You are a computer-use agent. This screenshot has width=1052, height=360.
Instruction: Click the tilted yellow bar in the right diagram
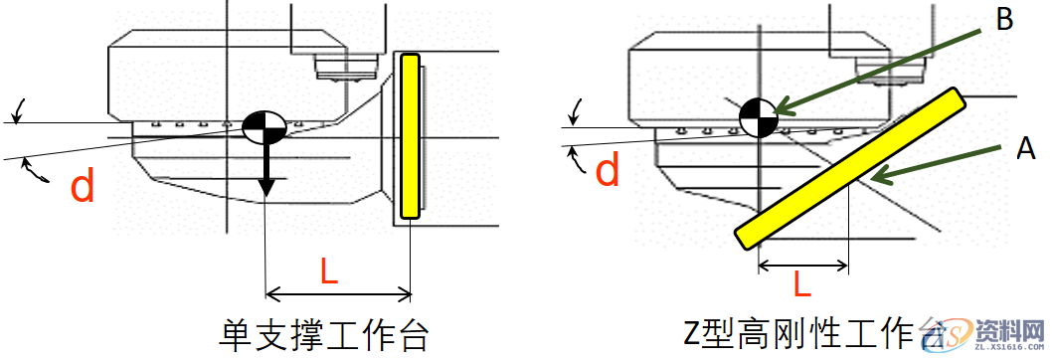(850, 169)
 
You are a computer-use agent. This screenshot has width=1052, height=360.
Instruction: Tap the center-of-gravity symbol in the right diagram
(758, 118)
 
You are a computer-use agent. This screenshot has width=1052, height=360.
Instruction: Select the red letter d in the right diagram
(608, 171)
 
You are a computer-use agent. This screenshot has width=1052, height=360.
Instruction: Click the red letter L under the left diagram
(329, 270)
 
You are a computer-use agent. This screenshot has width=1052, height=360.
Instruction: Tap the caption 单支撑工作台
(324, 334)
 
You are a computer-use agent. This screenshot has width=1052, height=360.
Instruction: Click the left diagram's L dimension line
(338, 293)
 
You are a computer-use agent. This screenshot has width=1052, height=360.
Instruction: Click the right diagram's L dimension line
(802, 266)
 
